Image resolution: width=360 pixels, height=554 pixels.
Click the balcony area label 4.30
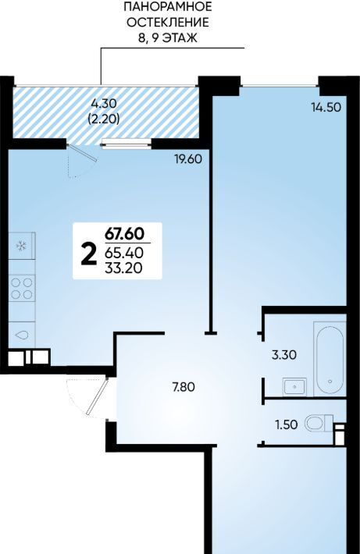point(104,104)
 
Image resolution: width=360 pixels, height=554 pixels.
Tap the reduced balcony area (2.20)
point(103,119)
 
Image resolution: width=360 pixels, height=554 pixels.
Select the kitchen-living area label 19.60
point(187,159)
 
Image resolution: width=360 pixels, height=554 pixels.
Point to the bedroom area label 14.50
point(326,107)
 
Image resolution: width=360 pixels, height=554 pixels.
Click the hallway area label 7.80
point(184,387)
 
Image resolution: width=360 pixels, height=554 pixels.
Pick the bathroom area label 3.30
point(284,355)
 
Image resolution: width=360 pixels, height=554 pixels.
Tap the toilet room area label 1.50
point(287,424)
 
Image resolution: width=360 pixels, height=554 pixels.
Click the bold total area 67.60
point(124,234)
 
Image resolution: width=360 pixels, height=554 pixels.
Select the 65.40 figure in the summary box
point(124,253)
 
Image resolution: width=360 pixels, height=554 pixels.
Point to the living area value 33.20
point(123,268)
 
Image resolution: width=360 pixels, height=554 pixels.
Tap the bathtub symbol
point(330,358)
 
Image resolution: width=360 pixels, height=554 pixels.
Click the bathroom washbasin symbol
point(295,386)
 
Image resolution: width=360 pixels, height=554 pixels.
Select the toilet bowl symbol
point(319,423)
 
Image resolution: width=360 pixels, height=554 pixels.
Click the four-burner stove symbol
point(23,288)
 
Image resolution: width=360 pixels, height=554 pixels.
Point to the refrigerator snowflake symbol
point(22,246)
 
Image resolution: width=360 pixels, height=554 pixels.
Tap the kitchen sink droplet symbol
point(22,335)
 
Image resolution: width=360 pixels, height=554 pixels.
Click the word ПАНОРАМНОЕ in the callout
point(168,7)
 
